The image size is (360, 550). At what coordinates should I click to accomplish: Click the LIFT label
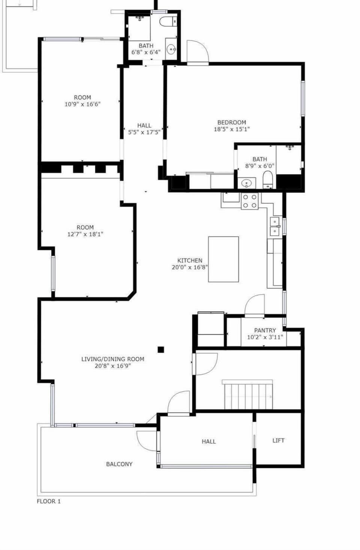[279, 440]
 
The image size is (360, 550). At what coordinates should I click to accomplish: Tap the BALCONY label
[119, 464]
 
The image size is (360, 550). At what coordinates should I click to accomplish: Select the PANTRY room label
[265, 330]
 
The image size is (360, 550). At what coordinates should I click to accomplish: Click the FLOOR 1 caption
[49, 501]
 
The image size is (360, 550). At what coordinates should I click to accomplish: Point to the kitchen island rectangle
[223, 259]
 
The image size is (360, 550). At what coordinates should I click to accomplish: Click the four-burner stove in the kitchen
[250, 201]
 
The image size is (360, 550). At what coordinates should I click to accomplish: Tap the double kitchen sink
[275, 226]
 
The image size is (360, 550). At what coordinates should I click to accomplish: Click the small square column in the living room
[161, 349]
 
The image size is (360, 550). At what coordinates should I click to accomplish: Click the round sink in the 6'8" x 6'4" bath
[171, 50]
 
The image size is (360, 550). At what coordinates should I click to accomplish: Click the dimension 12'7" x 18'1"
[85, 234]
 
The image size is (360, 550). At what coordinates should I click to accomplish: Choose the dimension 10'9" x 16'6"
[82, 104]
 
